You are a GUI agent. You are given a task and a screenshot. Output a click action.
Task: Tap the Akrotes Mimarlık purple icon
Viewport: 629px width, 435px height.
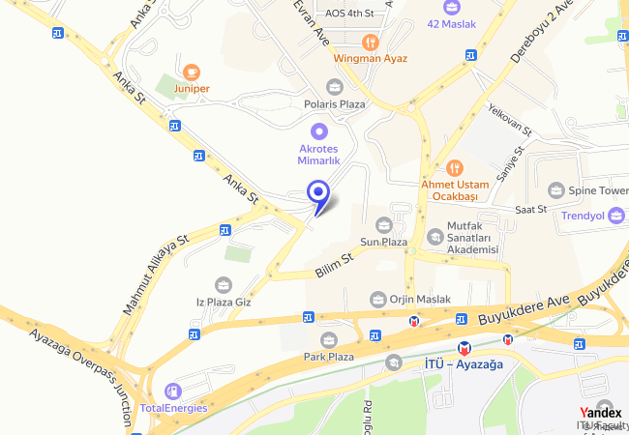(318, 130)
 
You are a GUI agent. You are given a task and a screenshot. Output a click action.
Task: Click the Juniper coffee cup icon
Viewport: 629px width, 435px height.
(192, 72)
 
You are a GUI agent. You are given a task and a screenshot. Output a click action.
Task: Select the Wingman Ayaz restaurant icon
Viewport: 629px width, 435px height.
(370, 42)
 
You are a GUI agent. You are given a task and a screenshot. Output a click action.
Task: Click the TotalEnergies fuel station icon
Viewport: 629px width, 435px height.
(173, 391)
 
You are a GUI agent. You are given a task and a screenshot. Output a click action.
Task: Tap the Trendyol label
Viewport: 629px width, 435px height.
(584, 216)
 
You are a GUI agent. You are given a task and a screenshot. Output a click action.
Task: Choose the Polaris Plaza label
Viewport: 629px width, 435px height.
(335, 103)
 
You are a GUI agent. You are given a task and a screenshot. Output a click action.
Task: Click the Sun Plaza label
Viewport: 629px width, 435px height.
(383, 241)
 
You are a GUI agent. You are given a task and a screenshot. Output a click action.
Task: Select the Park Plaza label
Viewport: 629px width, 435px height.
(328, 357)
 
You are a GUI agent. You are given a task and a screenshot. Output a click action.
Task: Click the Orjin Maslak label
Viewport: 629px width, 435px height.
(419, 300)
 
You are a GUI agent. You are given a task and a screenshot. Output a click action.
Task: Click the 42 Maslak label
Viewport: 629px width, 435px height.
(452, 24)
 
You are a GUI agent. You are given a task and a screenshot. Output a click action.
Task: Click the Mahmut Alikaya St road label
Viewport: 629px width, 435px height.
(155, 274)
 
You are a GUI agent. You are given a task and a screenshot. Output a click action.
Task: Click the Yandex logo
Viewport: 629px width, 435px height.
(600, 411)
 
